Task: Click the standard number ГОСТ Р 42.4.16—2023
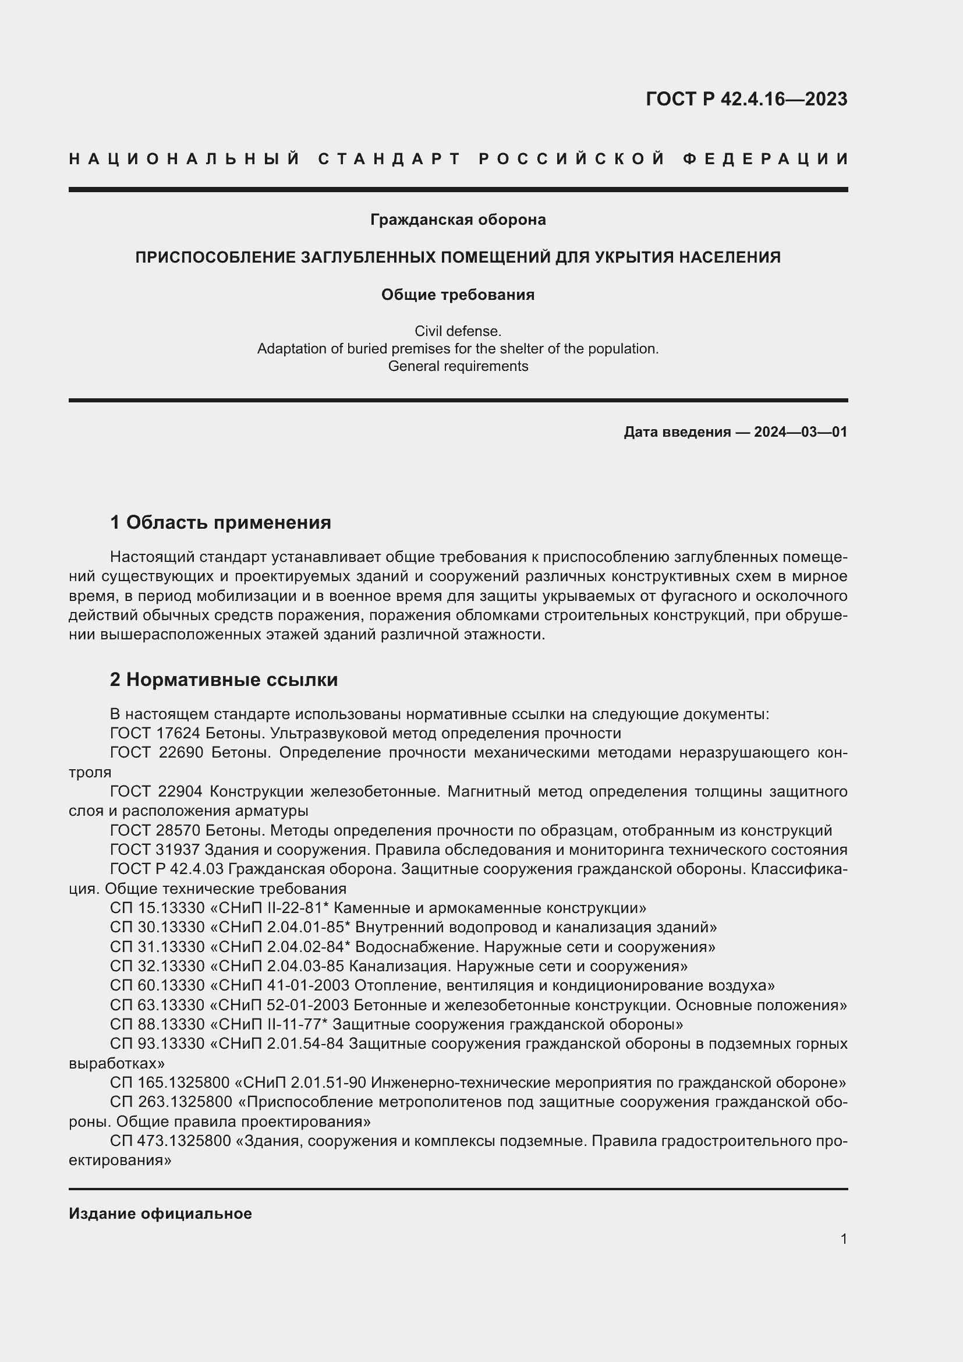tap(746, 99)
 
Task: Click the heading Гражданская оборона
tap(458, 220)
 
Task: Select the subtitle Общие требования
tap(458, 295)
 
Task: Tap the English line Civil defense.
tap(458, 331)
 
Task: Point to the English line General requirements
tap(458, 366)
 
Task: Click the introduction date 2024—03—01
tap(801, 432)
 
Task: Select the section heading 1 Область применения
tap(220, 522)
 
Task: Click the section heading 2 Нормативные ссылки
tap(224, 680)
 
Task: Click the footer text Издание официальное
tap(160, 1214)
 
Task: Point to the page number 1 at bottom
tap(844, 1239)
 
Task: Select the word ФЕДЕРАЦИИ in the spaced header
tap(765, 159)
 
